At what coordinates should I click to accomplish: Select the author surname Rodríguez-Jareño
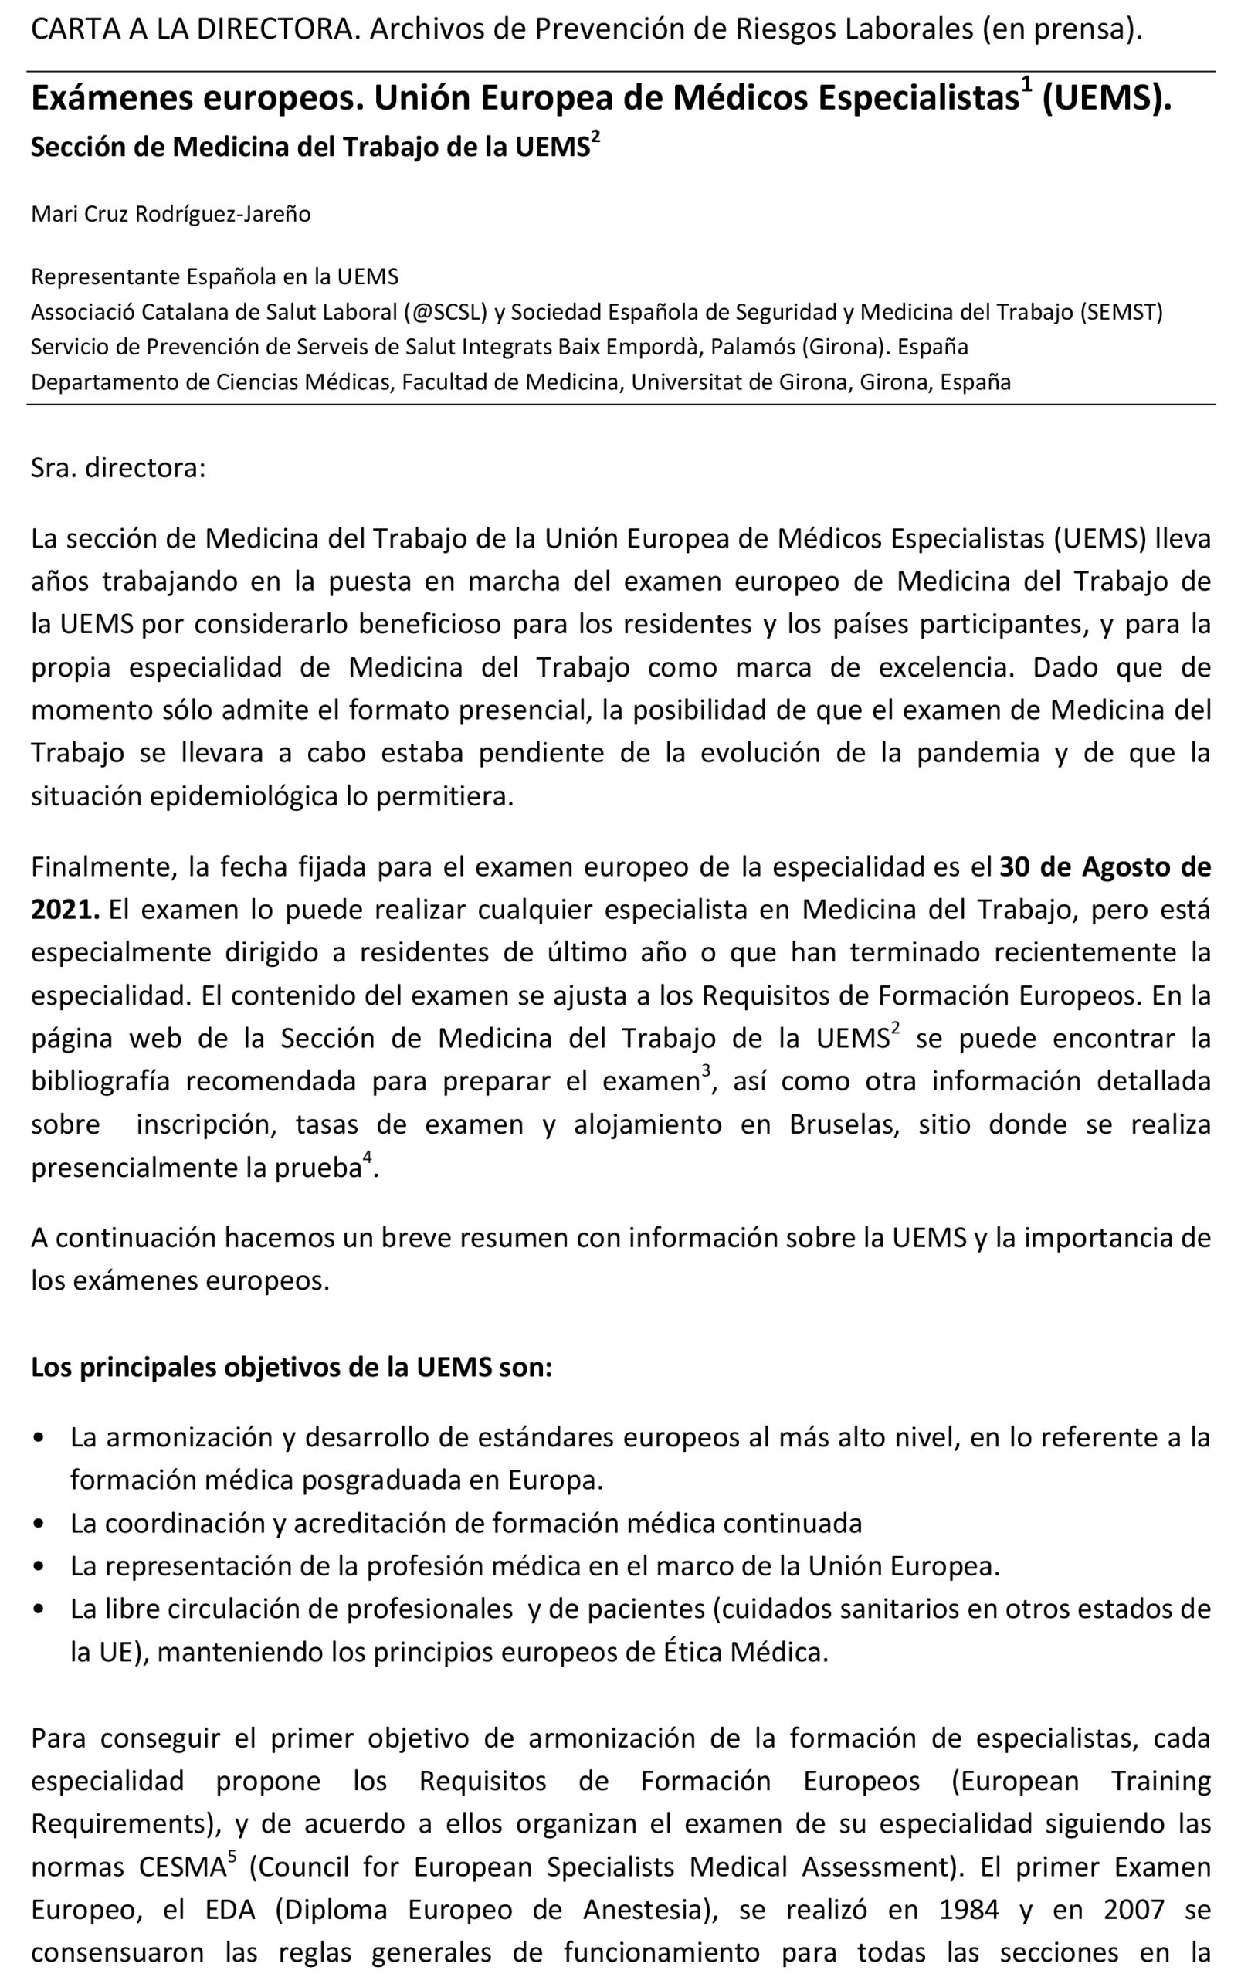tap(223, 214)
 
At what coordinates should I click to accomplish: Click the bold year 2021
tap(65, 910)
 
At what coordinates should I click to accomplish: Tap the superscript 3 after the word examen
tap(705, 1070)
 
